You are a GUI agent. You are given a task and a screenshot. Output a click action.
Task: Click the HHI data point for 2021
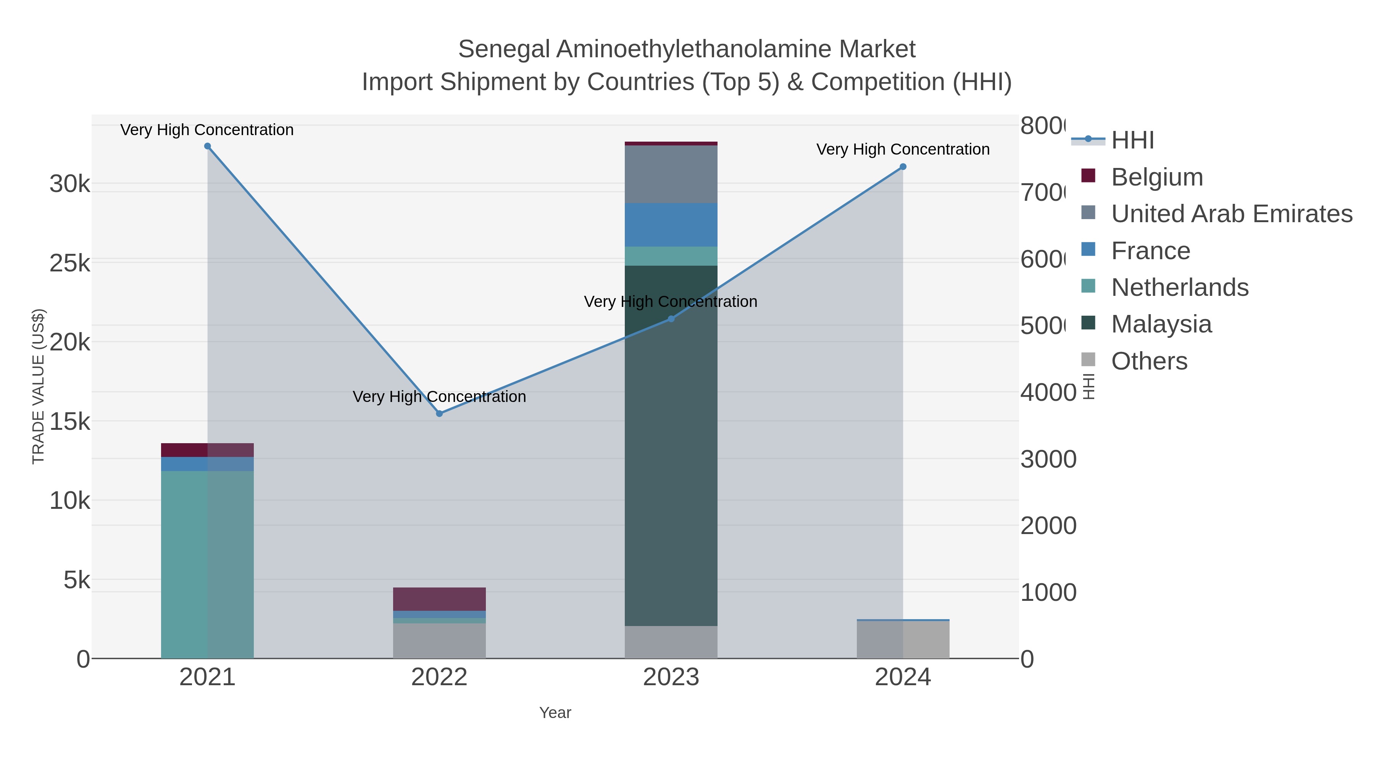(208, 146)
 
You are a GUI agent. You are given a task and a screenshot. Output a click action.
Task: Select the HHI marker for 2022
(440, 413)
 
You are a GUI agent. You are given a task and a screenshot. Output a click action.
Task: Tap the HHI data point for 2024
(903, 167)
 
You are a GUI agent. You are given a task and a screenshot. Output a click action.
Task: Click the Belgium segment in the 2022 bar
(440, 599)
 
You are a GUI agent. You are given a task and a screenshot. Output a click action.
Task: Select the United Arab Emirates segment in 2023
(671, 174)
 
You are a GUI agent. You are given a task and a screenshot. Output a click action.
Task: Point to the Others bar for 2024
(903, 640)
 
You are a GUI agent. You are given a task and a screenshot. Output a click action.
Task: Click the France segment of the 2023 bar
(671, 224)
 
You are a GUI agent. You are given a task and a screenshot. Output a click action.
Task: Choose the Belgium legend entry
(1156, 177)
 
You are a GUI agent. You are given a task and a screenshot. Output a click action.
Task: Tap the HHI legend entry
(1132, 140)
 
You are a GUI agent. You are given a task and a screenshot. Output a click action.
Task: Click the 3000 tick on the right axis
(1048, 459)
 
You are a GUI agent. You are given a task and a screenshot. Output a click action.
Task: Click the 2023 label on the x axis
(671, 678)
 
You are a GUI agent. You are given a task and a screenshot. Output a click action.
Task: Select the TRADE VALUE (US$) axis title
(39, 386)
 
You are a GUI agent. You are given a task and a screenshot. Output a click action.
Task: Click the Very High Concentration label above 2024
(903, 149)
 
